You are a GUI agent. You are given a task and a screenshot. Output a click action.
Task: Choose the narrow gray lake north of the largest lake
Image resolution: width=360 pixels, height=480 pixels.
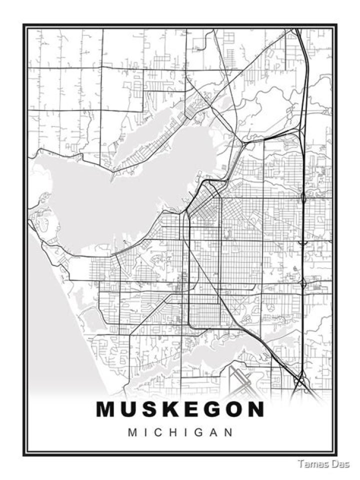tap(150, 135)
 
